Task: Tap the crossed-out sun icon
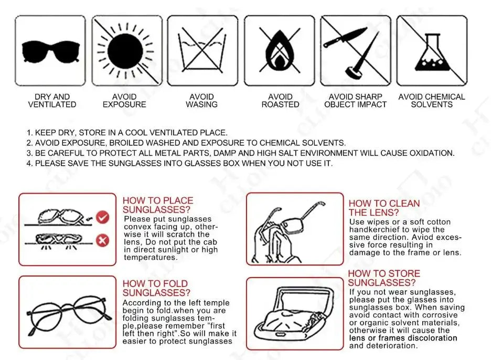(x=126, y=51)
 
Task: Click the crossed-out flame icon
(x=280, y=50)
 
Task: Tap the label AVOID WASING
(x=201, y=101)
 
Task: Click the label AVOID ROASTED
(x=280, y=101)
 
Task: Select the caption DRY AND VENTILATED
(x=52, y=101)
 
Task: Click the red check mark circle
(x=102, y=217)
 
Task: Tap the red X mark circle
(x=102, y=240)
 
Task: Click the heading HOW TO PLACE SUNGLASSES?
(x=158, y=205)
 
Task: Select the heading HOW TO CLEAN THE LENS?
(x=384, y=208)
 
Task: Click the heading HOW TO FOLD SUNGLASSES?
(x=156, y=288)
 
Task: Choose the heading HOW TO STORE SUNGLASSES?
(x=384, y=278)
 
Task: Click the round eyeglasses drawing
(x=69, y=314)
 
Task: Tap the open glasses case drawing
(x=294, y=314)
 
